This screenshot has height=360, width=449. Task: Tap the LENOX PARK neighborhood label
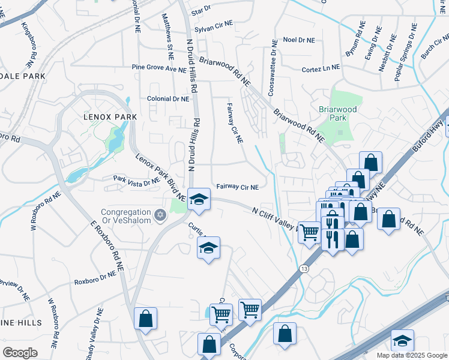[110, 116]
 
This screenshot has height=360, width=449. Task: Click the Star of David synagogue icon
[160, 214]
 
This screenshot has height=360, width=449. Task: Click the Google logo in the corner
[20, 353]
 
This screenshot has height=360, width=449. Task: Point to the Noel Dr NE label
[298, 40]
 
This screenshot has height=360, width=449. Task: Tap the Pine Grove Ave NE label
[159, 69]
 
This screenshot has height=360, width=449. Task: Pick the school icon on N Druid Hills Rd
[199, 199]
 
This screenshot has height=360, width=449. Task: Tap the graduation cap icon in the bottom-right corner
[402, 340]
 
